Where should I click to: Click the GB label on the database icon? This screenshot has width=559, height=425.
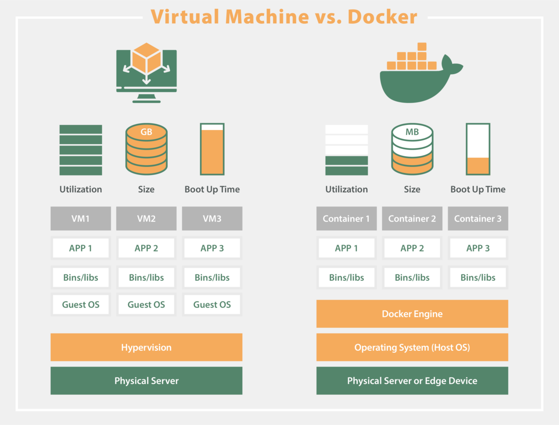click(x=146, y=132)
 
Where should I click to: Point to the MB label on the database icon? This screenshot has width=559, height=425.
click(x=412, y=132)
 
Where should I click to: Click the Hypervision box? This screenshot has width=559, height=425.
click(x=146, y=347)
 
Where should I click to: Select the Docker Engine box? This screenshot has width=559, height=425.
click(x=412, y=314)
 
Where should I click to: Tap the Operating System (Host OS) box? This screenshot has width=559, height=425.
click(x=412, y=347)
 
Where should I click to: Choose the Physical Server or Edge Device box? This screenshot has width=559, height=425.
click(x=412, y=381)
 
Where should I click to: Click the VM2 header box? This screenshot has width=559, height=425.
click(x=146, y=218)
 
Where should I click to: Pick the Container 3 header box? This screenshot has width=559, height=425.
click(x=478, y=218)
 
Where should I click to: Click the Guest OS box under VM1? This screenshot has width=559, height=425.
click(x=81, y=305)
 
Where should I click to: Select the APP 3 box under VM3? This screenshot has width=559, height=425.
click(x=212, y=248)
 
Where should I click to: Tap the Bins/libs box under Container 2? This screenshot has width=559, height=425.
click(x=412, y=278)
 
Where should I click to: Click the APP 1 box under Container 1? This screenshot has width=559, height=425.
click(x=347, y=248)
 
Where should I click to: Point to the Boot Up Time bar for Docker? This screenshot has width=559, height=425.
click(x=478, y=149)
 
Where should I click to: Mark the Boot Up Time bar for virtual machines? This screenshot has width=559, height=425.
click(x=212, y=149)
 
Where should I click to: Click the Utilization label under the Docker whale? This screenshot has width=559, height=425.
click(x=347, y=189)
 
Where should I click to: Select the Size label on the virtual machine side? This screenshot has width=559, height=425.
click(x=146, y=189)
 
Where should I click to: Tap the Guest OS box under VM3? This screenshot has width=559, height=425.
click(x=212, y=305)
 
